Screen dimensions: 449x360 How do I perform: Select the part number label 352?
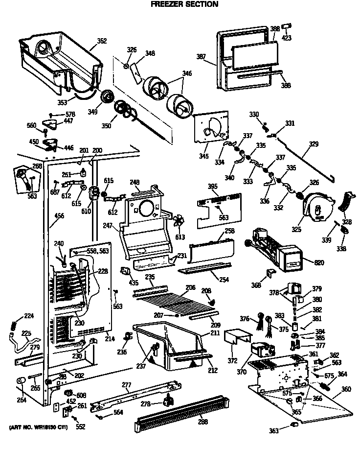pyautogui.click(x=102, y=41)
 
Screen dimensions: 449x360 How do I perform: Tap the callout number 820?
pyautogui.click(x=319, y=263)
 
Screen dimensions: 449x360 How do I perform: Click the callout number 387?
pyautogui.click(x=201, y=57)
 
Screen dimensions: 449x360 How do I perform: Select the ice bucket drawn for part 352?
pyautogui.click(x=59, y=56)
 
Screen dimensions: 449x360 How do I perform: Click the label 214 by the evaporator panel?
pyautogui.click(x=111, y=338)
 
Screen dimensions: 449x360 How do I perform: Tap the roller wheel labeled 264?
pyautogui.click(x=22, y=381)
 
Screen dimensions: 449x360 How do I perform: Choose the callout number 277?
pyautogui.click(x=126, y=385)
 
